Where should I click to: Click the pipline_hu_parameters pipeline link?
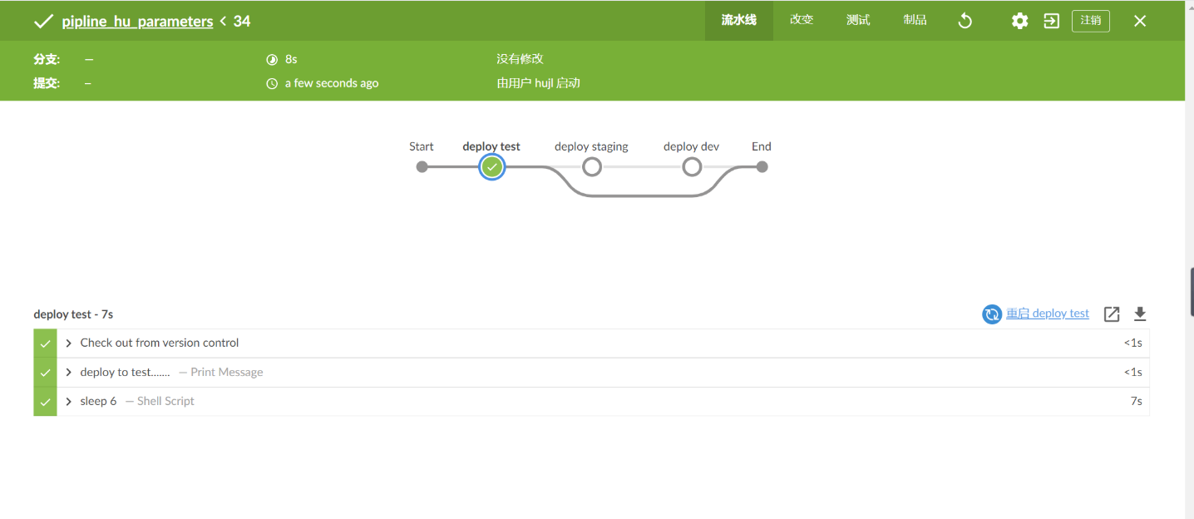point(137,22)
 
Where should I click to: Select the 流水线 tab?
point(739,20)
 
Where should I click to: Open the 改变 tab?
point(802,20)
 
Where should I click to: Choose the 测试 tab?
point(858,20)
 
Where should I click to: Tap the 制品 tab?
point(915,20)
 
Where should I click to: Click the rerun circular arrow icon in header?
point(965,21)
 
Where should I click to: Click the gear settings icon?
point(1019,21)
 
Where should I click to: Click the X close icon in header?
point(1140,21)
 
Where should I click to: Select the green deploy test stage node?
point(491,167)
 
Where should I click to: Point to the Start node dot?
point(422,167)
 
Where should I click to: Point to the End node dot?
point(762,167)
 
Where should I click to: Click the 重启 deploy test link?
point(1047,314)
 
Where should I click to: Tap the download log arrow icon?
point(1140,314)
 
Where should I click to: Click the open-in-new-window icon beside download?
point(1112,314)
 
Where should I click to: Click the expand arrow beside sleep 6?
point(68,401)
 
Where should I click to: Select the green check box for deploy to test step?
point(45,373)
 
